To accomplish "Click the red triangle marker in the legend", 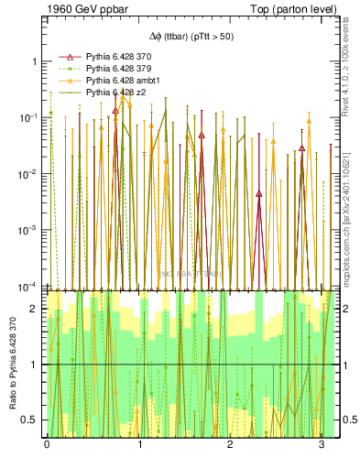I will click(x=66, y=57).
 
